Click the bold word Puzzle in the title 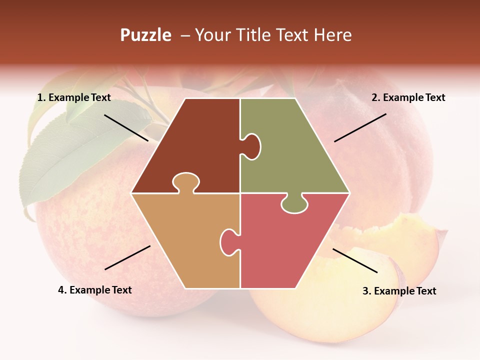145,35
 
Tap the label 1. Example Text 74,97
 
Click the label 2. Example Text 408,97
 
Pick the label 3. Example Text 399,291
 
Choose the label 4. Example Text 95,290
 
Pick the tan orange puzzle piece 185,240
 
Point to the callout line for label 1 126,127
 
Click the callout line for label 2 360,127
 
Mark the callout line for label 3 355,260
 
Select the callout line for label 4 127,257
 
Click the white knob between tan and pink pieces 229,241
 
